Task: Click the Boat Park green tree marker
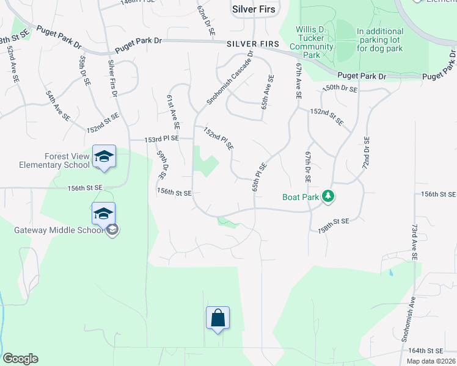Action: pyautogui.click(x=329, y=196)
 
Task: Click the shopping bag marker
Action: pyautogui.click(x=218, y=318)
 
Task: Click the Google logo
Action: pyautogui.click(x=20, y=359)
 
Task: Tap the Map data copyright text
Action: pyautogui.click(x=431, y=361)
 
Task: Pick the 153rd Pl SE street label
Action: pyautogui.click(x=161, y=139)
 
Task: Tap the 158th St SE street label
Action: pyautogui.click(x=333, y=225)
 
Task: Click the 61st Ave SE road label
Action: pyautogui.click(x=173, y=111)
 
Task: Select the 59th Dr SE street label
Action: pyautogui.click(x=161, y=165)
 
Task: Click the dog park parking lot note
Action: pyautogui.click(x=380, y=40)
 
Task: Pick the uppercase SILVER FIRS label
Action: pyautogui.click(x=252, y=45)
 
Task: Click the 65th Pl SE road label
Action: pyautogui.click(x=259, y=176)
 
